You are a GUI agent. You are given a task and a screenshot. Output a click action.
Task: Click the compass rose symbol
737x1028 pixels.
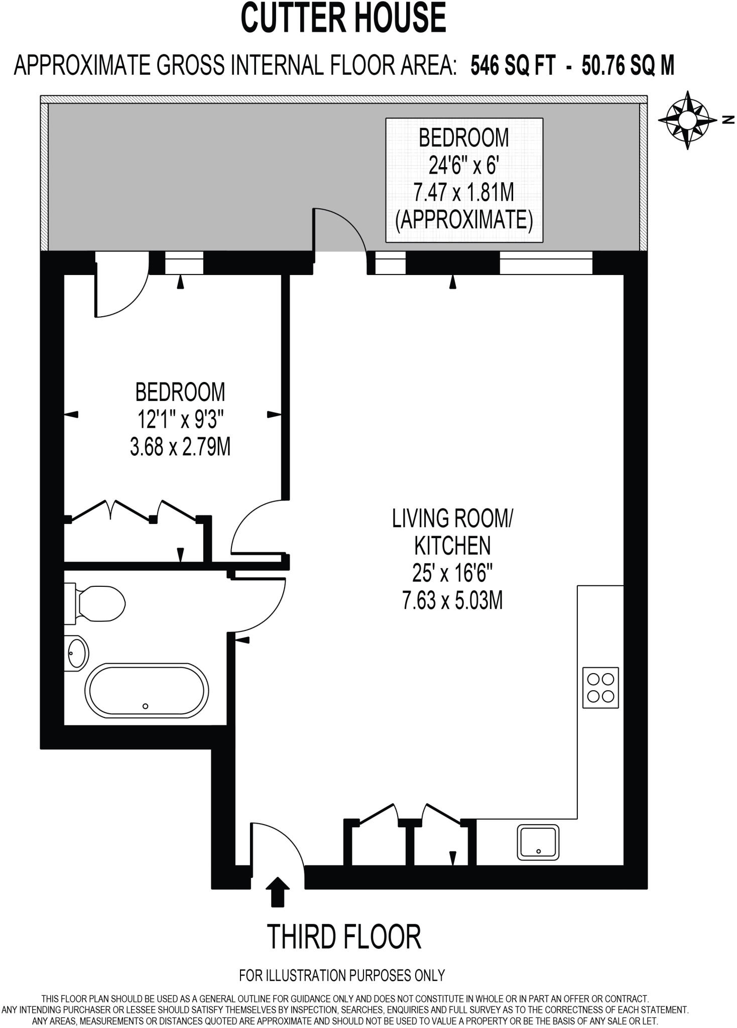click(x=687, y=120)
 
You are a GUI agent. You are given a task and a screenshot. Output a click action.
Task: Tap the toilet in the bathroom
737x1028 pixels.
click(x=95, y=603)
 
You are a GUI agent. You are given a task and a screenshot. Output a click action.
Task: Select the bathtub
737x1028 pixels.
click(x=147, y=690)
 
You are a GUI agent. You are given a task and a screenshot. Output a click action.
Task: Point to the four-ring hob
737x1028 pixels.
click(x=600, y=688)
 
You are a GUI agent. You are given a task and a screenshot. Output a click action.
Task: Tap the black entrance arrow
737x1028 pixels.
click(x=277, y=891)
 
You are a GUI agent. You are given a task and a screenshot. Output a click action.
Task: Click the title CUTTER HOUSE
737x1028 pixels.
click(x=343, y=18)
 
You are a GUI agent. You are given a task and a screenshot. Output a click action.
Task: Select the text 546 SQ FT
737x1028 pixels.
click(x=513, y=66)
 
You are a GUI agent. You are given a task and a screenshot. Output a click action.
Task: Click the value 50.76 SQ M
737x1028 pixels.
click(x=628, y=66)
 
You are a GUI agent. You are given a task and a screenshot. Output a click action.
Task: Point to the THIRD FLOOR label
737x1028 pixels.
click(x=344, y=936)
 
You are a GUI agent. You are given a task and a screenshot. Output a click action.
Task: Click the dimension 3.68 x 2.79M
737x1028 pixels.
click(x=180, y=446)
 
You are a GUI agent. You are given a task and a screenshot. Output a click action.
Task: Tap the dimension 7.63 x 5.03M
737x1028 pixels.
click(x=452, y=600)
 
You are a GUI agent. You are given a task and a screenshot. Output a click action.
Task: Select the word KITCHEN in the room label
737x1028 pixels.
click(x=452, y=546)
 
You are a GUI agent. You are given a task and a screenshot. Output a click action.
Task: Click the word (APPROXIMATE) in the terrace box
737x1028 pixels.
click(x=464, y=220)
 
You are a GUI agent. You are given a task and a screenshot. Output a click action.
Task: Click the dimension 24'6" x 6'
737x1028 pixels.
click(x=464, y=165)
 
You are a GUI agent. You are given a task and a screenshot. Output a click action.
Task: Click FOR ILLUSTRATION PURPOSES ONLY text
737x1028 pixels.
click(x=342, y=975)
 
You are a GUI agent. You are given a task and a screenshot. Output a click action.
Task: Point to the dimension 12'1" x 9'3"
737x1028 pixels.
click(x=180, y=419)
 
